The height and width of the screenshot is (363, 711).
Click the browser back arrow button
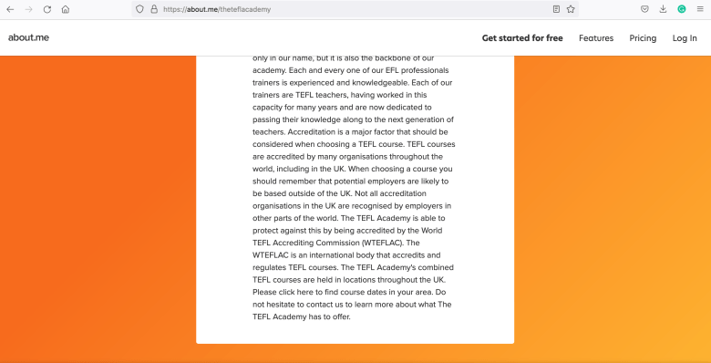[x=10, y=9]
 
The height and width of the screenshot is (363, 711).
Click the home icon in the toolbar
[x=65, y=9]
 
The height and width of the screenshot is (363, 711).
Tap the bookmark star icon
[x=571, y=9]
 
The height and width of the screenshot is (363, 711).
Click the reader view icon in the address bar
[x=556, y=9]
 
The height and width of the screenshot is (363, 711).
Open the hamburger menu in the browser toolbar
[x=699, y=9]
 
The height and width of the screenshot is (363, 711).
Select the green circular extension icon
[x=681, y=9]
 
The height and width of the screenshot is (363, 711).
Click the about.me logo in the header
[x=28, y=37]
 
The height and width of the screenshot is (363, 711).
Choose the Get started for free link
[x=521, y=38]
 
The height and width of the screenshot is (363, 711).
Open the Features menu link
[x=595, y=38]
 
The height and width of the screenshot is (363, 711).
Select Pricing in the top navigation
[x=643, y=38]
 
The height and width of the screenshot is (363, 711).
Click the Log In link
[x=685, y=38]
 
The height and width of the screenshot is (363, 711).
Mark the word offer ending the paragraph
[x=338, y=316]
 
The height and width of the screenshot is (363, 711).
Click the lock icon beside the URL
[x=153, y=9]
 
